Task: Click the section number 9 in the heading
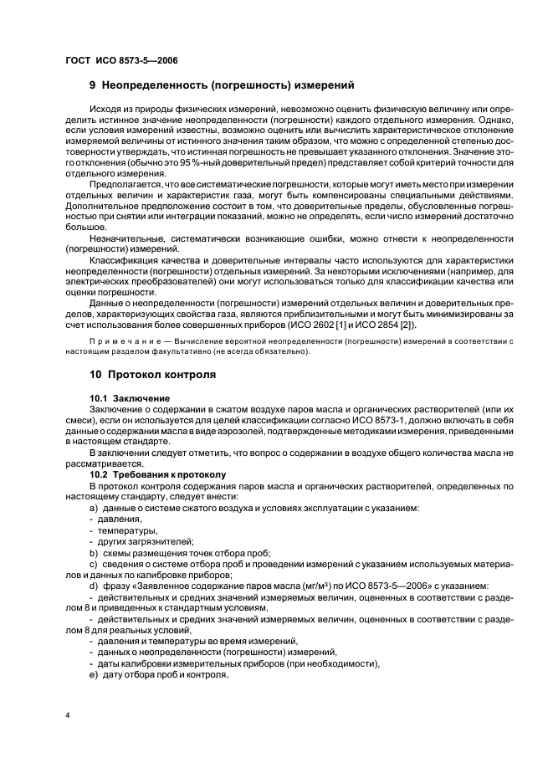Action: coord(93,85)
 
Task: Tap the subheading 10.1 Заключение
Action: coord(130,397)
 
